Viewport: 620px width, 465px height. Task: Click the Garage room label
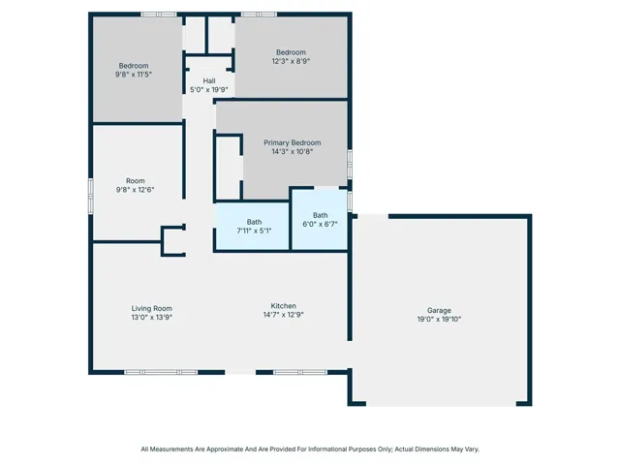439,310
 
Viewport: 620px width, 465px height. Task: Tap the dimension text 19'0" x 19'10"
439,319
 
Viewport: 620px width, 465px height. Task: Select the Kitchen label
284,306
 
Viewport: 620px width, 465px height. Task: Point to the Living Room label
152,308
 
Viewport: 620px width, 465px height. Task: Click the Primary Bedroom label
293,142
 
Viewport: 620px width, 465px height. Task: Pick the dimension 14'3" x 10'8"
293,151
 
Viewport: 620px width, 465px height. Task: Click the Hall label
209,80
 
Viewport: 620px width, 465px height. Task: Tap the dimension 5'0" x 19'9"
209,90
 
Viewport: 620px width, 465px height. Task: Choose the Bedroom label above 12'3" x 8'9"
291,52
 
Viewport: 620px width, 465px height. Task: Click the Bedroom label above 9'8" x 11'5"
134,66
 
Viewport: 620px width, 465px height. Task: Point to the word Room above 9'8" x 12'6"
136,181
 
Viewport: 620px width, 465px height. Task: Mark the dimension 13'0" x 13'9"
152,317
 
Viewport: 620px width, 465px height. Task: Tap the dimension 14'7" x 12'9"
284,314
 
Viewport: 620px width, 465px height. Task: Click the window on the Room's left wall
90,196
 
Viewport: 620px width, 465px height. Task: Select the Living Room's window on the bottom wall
161,372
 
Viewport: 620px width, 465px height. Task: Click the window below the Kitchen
300,372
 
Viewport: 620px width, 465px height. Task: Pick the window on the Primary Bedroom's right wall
350,164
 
